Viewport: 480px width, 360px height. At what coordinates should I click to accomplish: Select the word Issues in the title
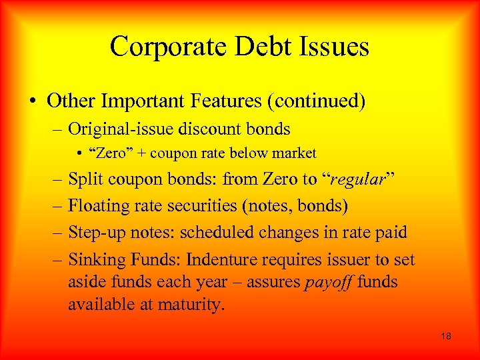tap(334, 47)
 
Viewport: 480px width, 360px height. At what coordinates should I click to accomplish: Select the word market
tap(295, 153)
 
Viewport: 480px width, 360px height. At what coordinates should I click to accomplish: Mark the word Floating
tap(97, 206)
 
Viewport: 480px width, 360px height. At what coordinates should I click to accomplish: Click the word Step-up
tap(95, 233)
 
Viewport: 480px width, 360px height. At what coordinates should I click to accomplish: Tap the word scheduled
tap(223, 233)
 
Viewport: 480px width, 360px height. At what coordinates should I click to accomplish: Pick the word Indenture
tap(219, 259)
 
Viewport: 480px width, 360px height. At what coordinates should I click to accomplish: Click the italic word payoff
tap(327, 283)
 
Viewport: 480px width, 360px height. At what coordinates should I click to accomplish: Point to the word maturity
tap(193, 305)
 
